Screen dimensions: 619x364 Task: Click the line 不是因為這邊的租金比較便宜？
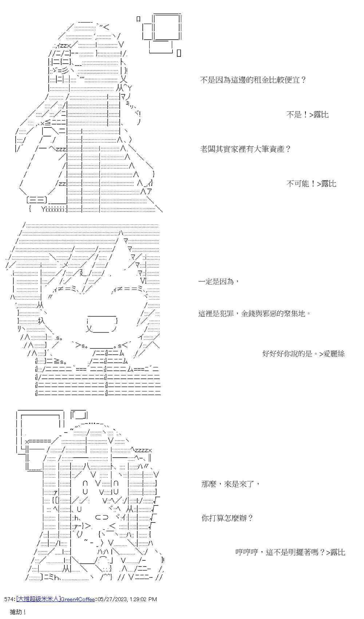[253, 80]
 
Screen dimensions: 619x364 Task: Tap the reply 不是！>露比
[307, 115]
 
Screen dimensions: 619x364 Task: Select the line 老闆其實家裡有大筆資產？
[245, 149]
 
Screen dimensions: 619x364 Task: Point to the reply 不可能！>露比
[311, 184]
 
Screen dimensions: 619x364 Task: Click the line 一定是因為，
[219, 281]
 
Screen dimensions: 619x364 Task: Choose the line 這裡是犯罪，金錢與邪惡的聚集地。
[254, 314]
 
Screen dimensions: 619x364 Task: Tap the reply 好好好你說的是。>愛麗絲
[303, 354]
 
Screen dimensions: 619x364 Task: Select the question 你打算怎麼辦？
[227, 518]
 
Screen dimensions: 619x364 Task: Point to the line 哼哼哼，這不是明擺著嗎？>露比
[290, 552]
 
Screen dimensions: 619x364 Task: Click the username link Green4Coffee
[78, 599]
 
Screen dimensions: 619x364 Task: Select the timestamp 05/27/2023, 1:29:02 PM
[127, 599]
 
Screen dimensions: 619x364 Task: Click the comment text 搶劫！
[18, 612]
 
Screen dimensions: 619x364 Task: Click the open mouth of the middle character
[102, 324]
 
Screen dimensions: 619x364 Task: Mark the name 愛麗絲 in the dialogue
[334, 354]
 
